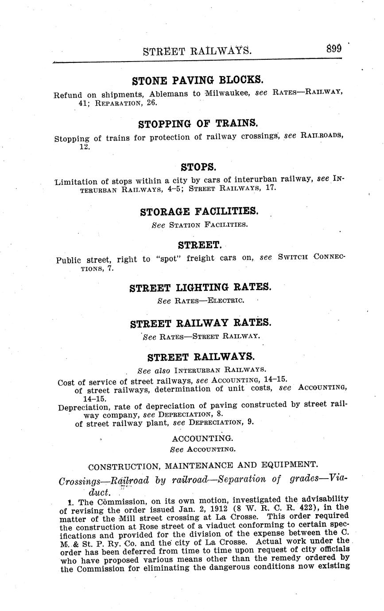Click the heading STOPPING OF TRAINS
(198, 124)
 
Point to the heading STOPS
(198, 167)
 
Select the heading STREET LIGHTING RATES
(200, 288)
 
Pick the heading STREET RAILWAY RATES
(201, 323)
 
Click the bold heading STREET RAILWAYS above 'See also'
(201, 357)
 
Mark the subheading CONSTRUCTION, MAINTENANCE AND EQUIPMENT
(203, 465)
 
